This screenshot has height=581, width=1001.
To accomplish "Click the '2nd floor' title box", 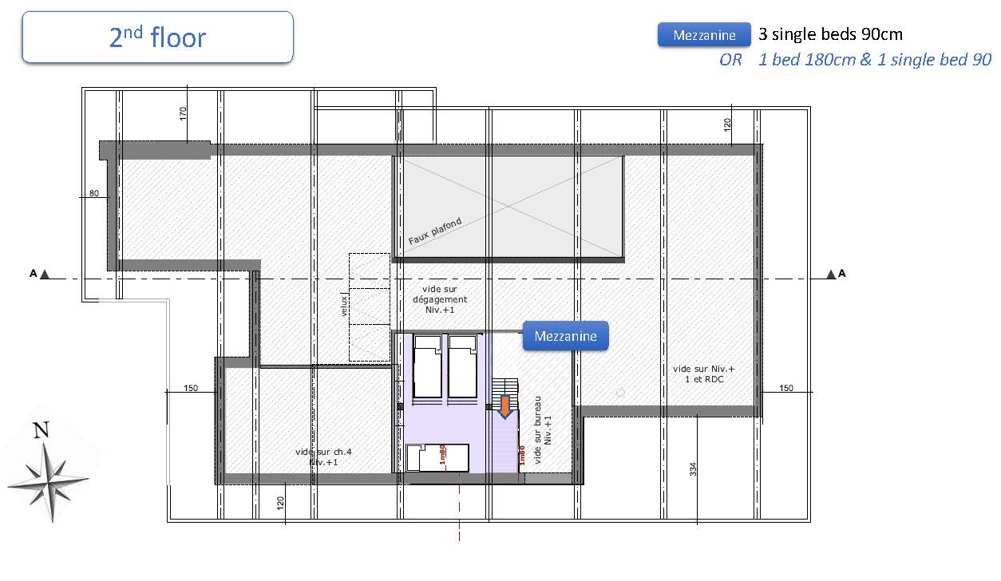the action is coord(158,37).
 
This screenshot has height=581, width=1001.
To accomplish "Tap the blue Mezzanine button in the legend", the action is coord(704,35).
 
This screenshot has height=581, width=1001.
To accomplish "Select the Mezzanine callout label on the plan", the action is coord(566,336).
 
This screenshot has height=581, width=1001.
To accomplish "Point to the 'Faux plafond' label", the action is coord(435,231).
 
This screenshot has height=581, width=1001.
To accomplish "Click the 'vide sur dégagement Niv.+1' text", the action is coord(440,299).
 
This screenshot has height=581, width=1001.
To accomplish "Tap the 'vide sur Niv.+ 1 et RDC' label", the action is coord(704,374).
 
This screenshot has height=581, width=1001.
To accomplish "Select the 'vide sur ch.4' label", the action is coord(323,452).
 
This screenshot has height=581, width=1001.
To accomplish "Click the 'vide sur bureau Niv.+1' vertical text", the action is coord(543,429).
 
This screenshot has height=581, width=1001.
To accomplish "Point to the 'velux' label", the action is coord(343,306).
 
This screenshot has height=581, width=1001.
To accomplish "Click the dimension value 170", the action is coord(182,113).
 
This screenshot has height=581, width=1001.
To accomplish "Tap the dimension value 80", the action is coord(94,193).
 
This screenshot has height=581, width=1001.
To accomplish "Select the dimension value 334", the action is coord(693,469).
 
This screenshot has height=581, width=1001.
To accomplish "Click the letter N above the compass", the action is coord(42,430).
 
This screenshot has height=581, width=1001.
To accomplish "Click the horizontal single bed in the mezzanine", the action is coord(437,457).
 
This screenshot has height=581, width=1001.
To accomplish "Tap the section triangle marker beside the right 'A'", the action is coord(831,274).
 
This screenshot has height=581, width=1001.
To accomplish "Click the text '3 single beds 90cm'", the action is coord(830,34).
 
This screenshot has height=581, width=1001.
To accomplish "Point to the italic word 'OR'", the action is coord(730,59).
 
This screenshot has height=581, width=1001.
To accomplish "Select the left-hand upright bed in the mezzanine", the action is coord(428,366).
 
